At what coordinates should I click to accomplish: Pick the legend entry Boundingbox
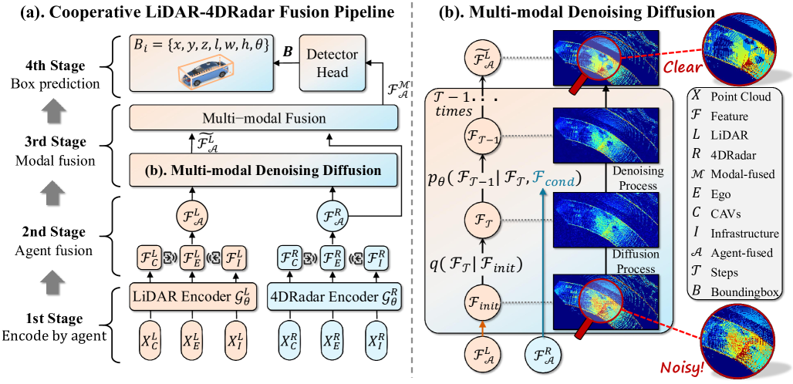(x=740, y=291)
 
